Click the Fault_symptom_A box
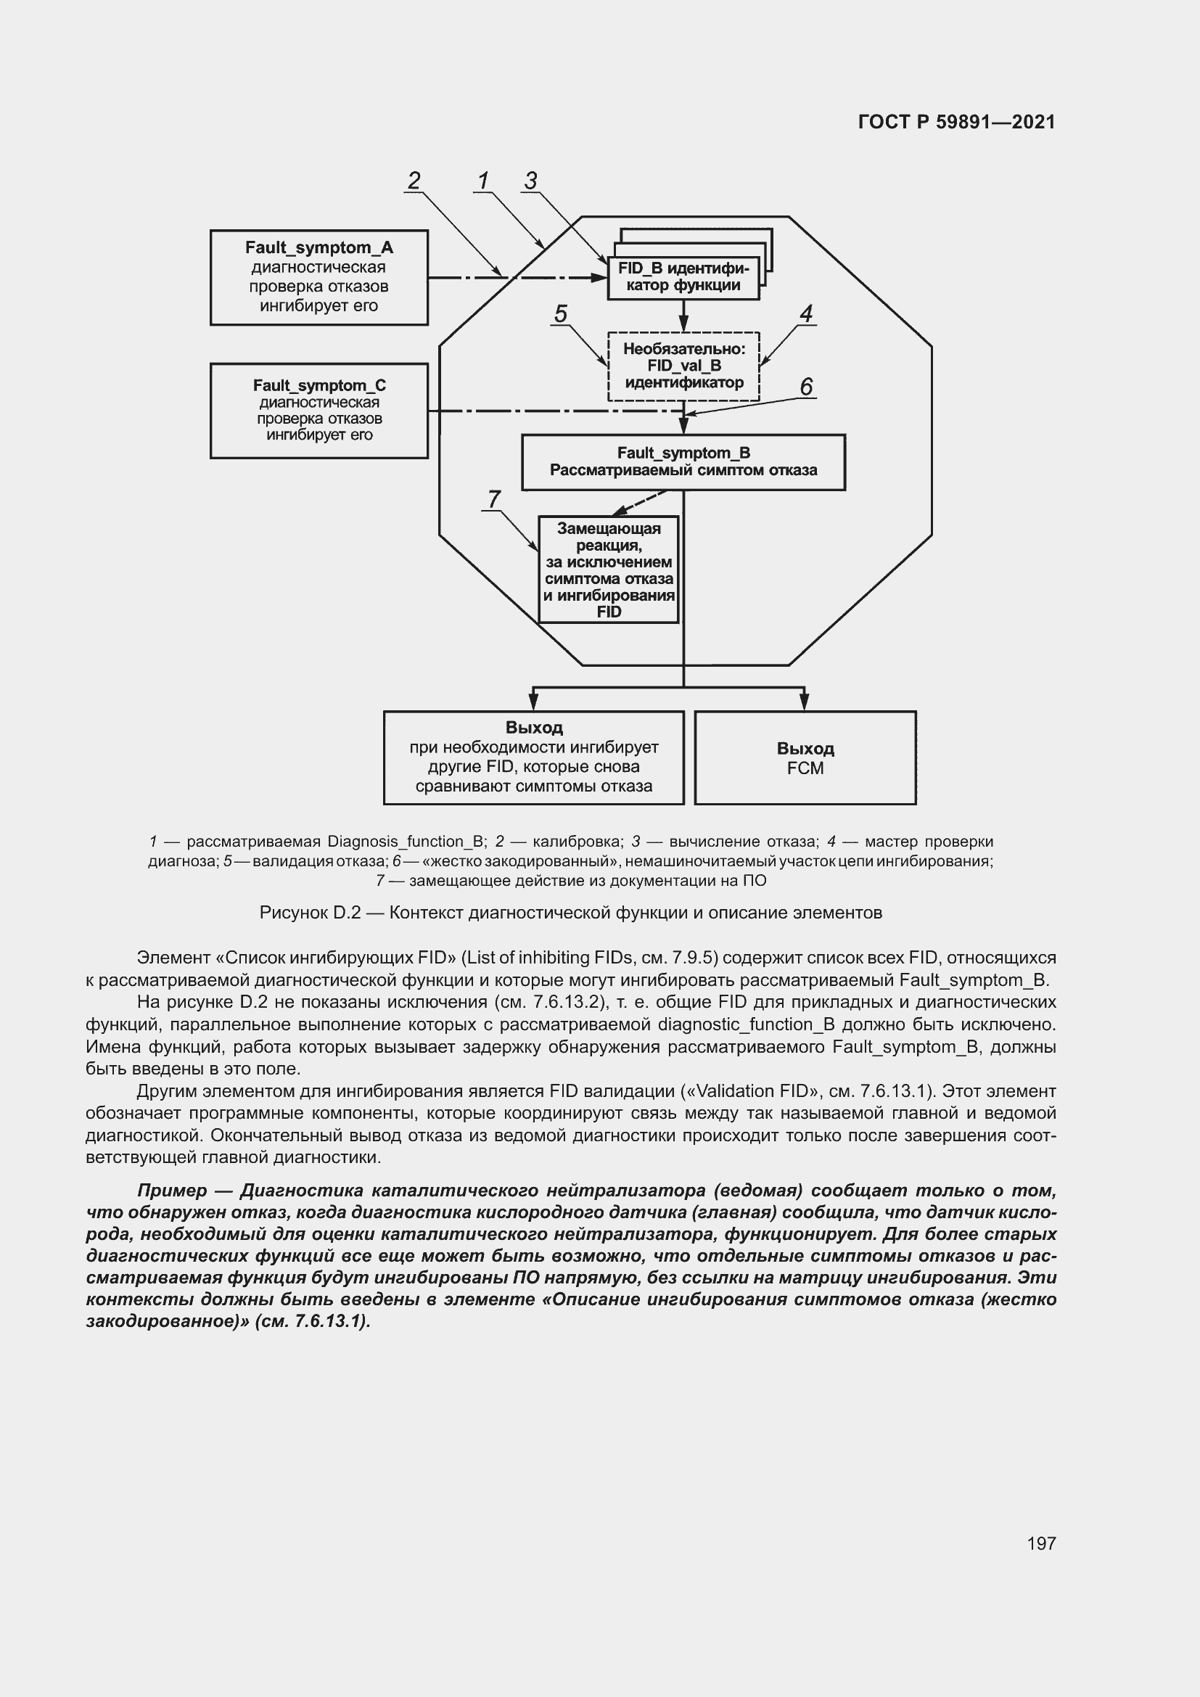coord(319,277)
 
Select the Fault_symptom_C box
coord(319,410)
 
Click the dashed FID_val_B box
coord(683,366)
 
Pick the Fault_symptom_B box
coord(683,462)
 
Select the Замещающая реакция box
coord(608,569)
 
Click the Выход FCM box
coord(805,757)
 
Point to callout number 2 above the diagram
coord(414,181)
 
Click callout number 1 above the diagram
coord(483,181)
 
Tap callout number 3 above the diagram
coord(530,181)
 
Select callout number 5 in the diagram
coord(561,313)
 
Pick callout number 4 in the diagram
coord(806,313)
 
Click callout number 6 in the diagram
coord(806,387)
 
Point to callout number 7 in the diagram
coord(493,499)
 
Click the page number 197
coord(1041,1543)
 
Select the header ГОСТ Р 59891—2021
coord(956,122)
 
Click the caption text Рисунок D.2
coord(310,913)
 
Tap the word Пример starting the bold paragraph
coord(171,1191)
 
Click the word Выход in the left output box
coord(533,727)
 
